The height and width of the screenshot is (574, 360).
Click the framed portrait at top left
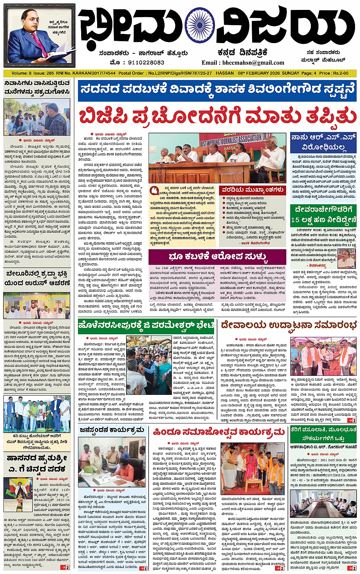(40, 37)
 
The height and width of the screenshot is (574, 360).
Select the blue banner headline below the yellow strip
(217, 90)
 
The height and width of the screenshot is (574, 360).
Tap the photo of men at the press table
(217, 158)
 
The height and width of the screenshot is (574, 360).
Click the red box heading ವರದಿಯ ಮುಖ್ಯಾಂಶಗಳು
(253, 190)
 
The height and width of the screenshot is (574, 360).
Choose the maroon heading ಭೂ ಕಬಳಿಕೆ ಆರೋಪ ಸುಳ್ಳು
(217, 256)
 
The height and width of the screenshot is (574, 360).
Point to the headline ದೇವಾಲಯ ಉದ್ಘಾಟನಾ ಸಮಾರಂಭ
(288, 325)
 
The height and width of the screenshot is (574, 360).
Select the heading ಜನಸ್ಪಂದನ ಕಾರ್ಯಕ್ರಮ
(112, 430)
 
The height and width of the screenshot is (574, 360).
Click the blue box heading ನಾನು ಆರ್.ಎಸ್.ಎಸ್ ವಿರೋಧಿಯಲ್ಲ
(323, 142)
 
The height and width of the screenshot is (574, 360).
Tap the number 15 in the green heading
(295, 220)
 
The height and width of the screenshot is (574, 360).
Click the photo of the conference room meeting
(323, 504)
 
